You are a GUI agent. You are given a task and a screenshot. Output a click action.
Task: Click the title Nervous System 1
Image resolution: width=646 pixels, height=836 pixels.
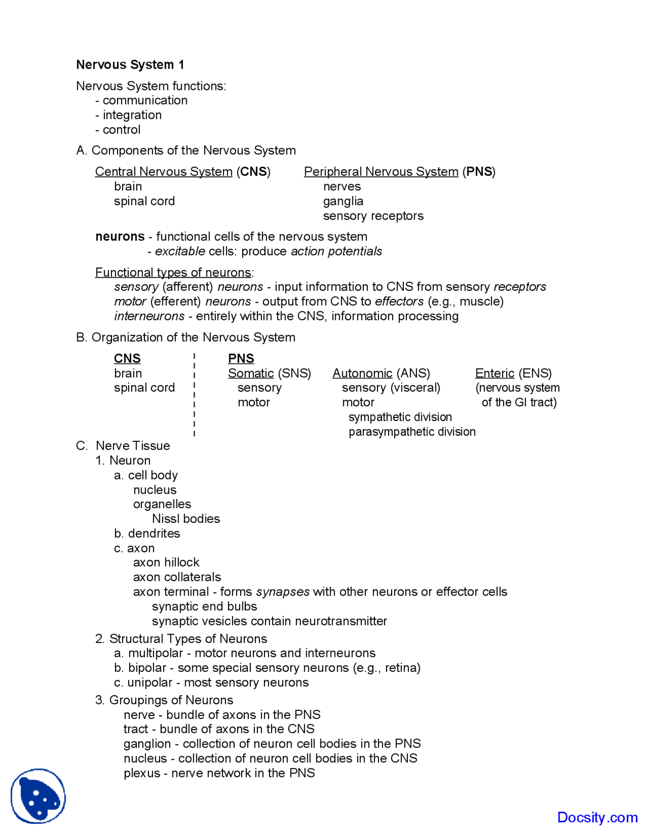130,65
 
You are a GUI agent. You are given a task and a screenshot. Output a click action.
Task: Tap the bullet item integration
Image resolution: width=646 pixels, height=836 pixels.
132,115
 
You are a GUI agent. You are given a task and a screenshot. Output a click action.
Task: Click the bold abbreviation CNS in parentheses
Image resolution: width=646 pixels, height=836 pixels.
254,172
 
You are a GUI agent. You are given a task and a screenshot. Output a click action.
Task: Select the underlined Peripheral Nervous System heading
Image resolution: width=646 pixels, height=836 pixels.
381,172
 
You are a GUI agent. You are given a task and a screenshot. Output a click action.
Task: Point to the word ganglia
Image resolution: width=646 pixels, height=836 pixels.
343,201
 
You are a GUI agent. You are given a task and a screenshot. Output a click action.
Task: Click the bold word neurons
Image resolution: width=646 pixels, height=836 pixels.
120,236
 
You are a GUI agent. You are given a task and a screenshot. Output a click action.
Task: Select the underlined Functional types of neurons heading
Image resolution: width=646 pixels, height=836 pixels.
173,273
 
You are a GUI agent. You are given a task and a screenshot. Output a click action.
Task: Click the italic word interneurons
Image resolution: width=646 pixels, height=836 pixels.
149,316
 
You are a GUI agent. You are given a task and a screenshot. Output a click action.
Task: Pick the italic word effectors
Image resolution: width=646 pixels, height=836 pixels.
399,301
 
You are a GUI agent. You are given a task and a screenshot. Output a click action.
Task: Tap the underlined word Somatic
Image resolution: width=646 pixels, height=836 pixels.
251,373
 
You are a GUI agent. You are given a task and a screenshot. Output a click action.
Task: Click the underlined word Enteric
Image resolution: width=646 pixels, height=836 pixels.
495,373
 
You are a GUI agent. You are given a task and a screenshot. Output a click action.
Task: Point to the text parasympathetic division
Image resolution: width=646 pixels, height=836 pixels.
412,432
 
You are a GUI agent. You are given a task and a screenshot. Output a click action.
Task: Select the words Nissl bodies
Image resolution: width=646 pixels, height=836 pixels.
186,518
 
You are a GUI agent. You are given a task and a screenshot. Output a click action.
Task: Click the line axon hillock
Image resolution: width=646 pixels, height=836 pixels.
166,562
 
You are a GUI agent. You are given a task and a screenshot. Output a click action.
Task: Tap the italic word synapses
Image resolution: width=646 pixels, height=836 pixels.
283,592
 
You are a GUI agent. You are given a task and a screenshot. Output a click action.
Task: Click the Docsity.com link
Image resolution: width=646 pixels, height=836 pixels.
597,817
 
